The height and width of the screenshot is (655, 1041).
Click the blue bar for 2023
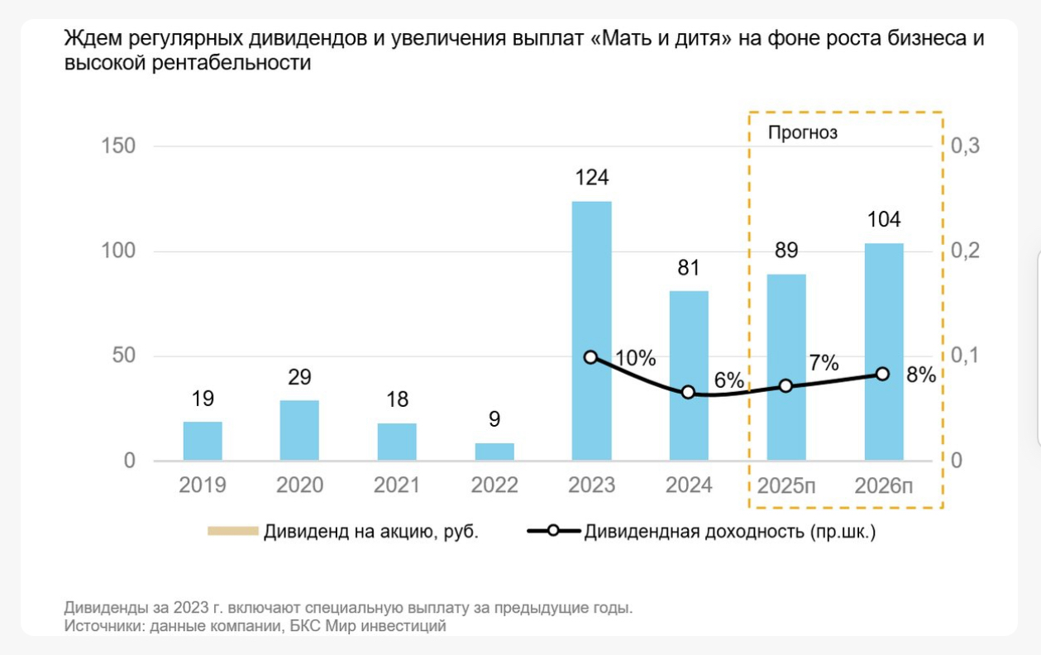click(x=591, y=331)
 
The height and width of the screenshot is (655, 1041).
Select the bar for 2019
click(x=203, y=441)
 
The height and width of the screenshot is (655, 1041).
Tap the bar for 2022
click(x=494, y=452)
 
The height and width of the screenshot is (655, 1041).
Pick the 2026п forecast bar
click(x=884, y=351)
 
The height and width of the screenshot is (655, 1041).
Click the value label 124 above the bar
click(x=591, y=178)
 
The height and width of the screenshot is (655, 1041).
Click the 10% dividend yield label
click(x=636, y=358)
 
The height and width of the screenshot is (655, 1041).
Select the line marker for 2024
click(x=688, y=392)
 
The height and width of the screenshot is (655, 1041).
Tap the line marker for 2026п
click(x=882, y=374)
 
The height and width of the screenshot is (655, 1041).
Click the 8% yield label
click(x=920, y=375)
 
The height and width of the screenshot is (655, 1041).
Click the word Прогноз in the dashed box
click(x=802, y=132)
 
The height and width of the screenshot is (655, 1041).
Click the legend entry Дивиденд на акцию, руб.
click(x=370, y=532)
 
